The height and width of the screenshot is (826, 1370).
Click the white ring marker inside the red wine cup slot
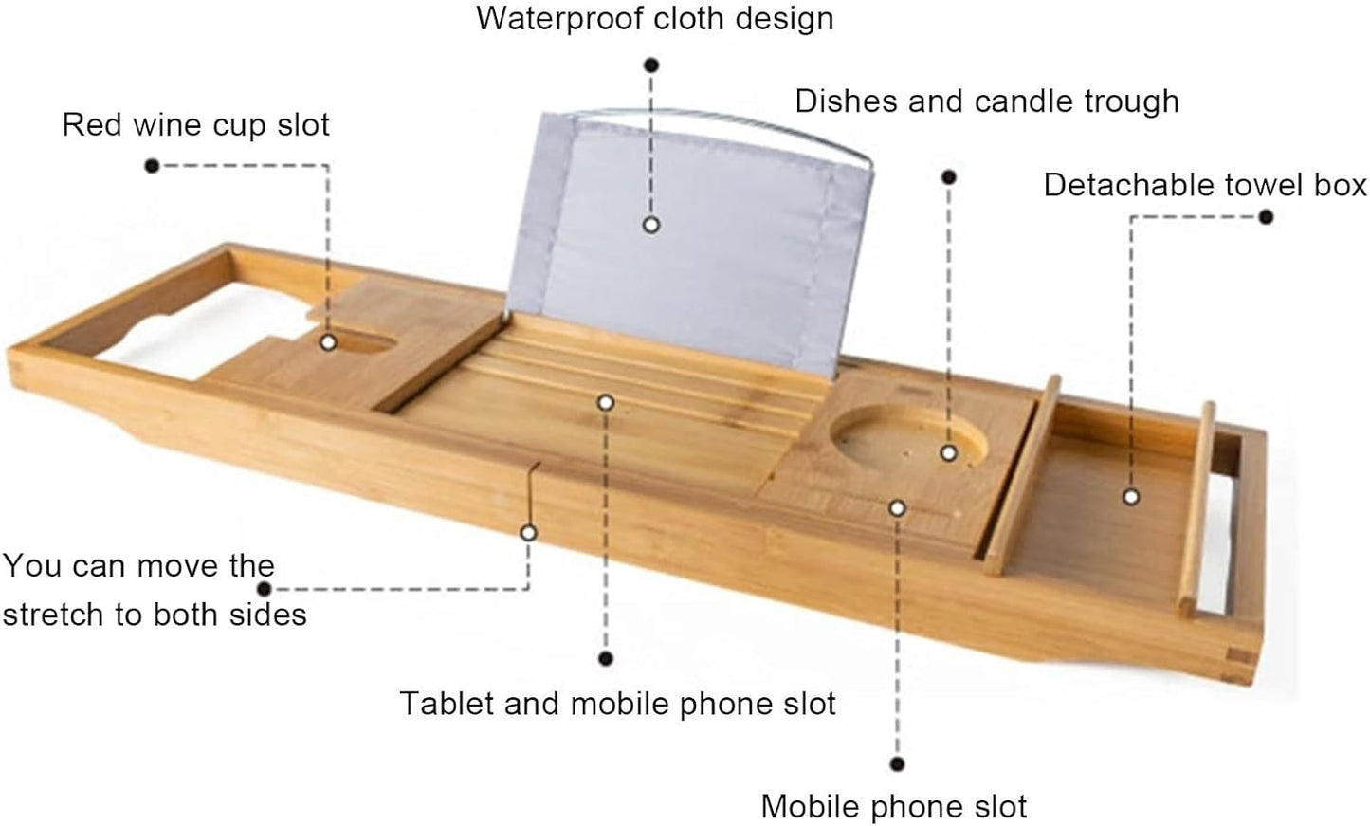click(328, 342)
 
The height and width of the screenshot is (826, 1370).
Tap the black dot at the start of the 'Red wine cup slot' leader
click(153, 166)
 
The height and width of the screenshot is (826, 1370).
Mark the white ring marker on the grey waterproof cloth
click(651, 225)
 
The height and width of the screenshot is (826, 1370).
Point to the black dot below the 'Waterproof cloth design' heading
click(651, 64)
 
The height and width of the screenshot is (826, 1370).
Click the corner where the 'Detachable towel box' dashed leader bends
click(1131, 217)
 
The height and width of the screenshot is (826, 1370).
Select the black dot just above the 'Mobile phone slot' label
click(897, 764)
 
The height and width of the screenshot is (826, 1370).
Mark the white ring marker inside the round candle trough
click(949, 453)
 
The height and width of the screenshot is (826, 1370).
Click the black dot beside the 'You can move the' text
click(265, 589)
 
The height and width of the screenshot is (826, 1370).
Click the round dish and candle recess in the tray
click(908, 437)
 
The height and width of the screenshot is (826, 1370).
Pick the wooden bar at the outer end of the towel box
click(1196, 509)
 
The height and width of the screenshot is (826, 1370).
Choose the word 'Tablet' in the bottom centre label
click(448, 703)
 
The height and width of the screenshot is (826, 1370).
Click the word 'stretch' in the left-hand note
click(54, 615)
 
